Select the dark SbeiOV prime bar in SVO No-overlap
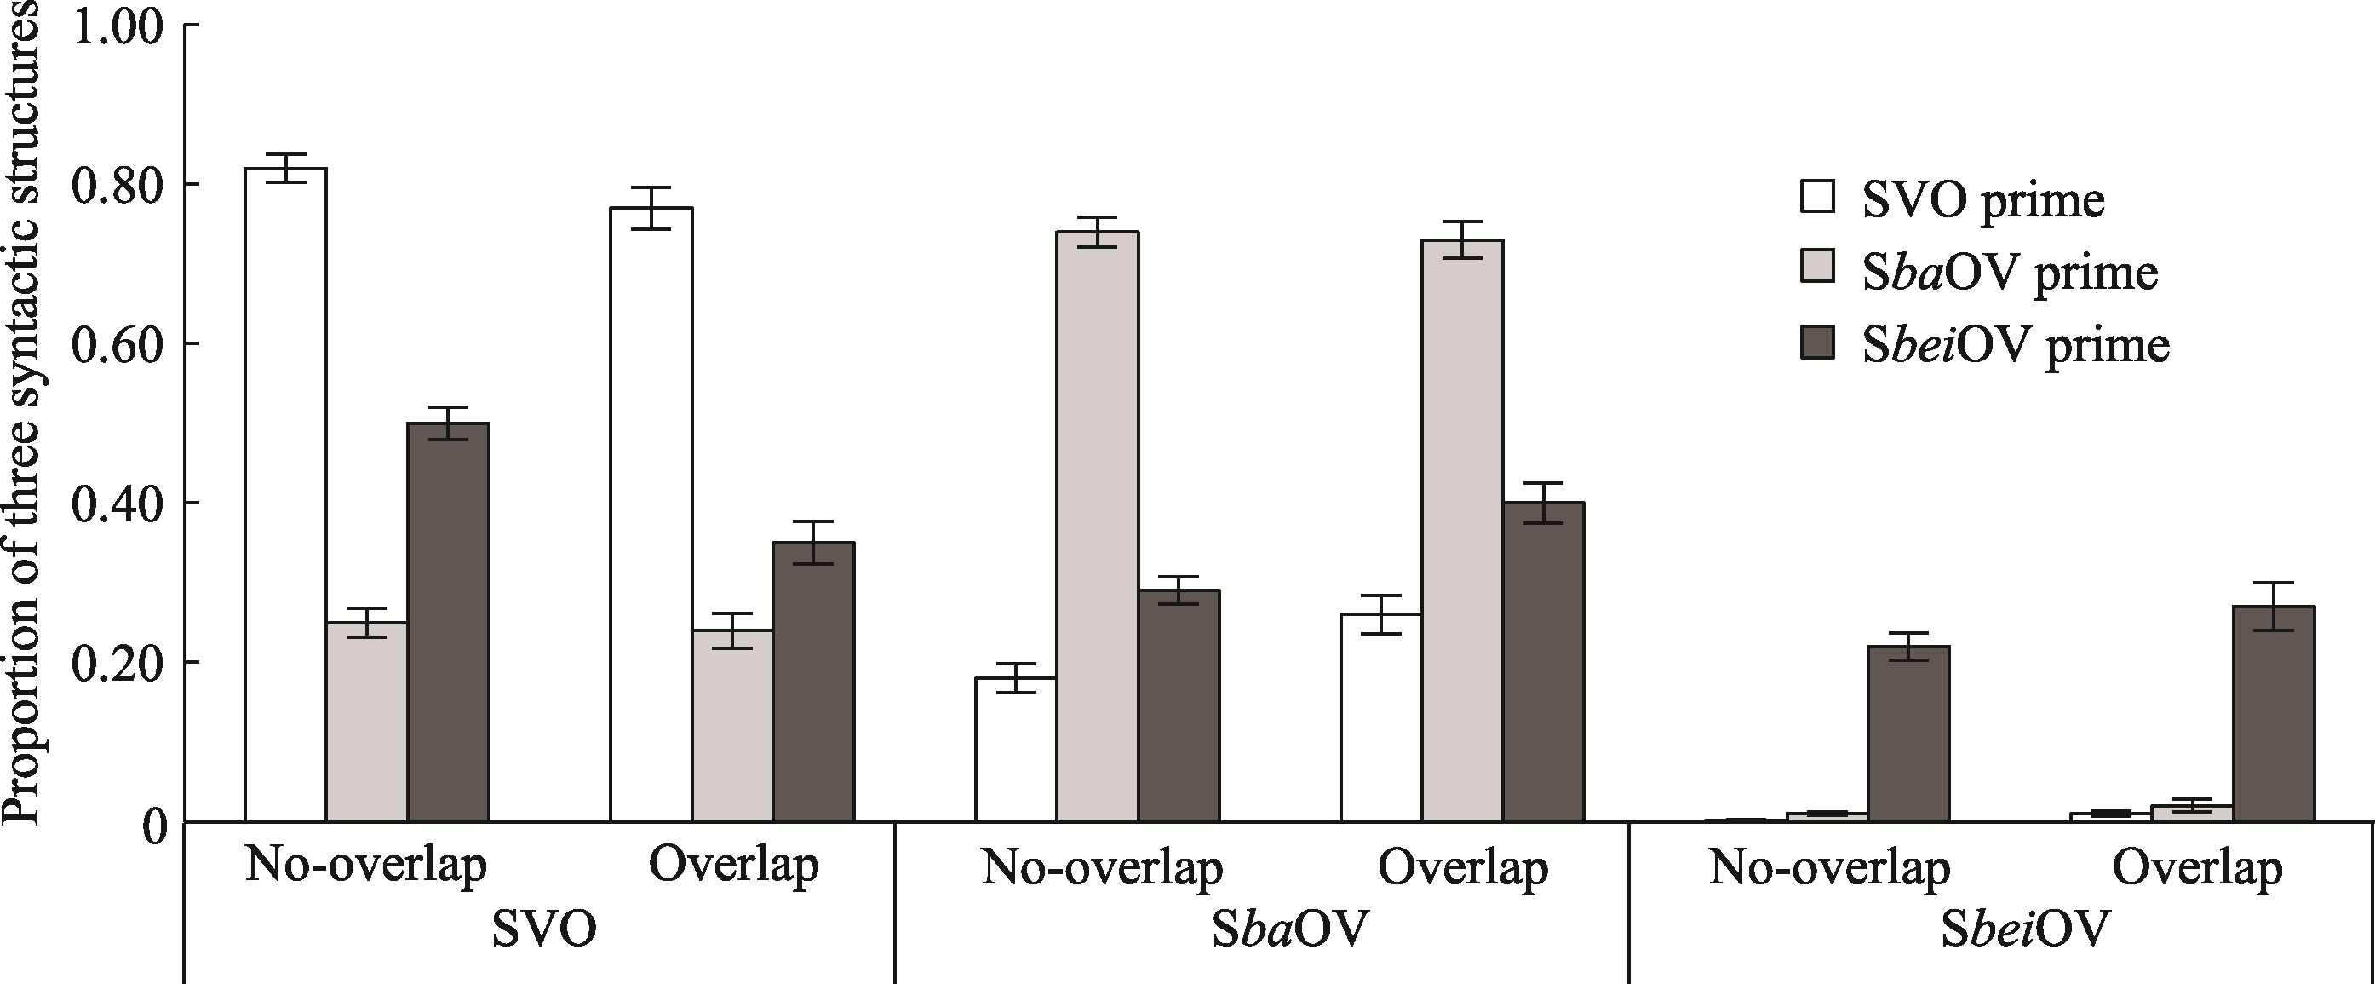(448, 622)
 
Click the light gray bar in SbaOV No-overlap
(1097, 526)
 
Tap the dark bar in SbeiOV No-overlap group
(1907, 734)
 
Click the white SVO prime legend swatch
(1817, 198)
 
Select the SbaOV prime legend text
(2009, 272)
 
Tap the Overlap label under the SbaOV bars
(1463, 867)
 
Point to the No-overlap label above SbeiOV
(1829, 867)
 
